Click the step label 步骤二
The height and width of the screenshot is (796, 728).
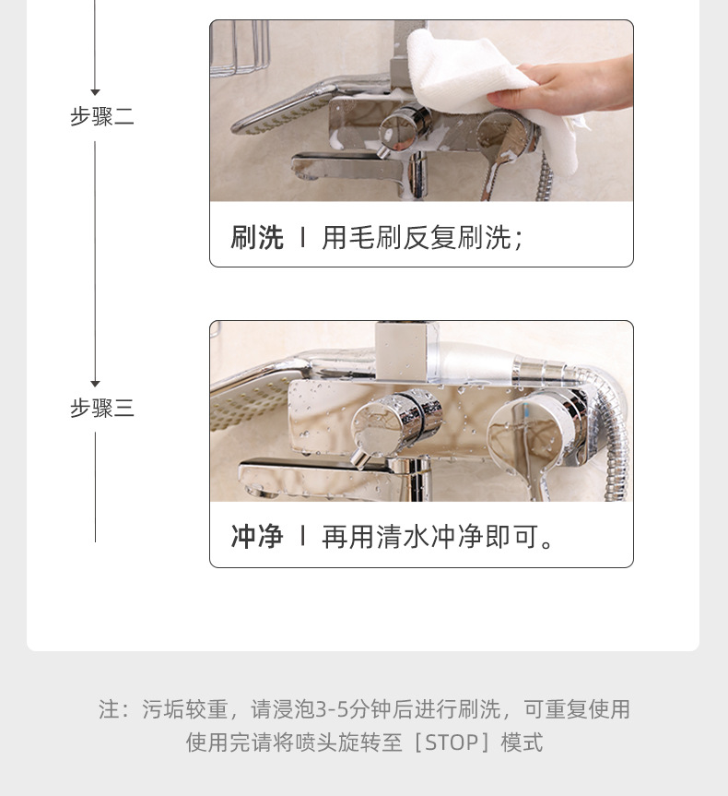click(102, 117)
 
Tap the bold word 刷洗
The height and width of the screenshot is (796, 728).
click(257, 238)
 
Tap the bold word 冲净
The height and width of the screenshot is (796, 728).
click(257, 537)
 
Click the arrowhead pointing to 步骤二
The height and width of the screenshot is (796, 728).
click(95, 92)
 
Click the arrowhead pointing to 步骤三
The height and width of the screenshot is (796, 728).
click(95, 384)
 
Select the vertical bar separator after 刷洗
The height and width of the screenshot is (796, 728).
click(302, 238)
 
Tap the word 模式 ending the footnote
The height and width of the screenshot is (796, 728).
click(522, 743)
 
